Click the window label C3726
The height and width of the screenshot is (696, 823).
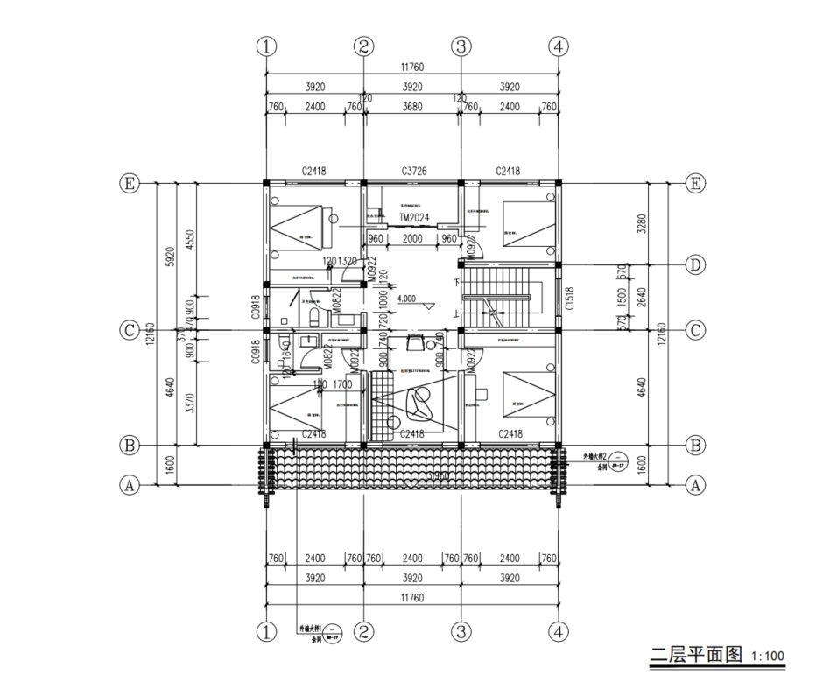click(x=413, y=171)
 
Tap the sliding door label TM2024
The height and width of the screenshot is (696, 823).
click(x=413, y=219)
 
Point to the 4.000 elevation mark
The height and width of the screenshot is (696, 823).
click(x=406, y=299)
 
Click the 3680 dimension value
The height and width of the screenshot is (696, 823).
click(x=413, y=108)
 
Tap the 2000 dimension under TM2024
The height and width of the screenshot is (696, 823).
click(x=412, y=239)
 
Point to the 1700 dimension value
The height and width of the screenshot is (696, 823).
click(x=343, y=383)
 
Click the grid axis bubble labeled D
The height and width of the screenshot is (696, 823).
click(x=696, y=264)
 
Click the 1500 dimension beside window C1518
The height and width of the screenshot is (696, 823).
click(x=623, y=297)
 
